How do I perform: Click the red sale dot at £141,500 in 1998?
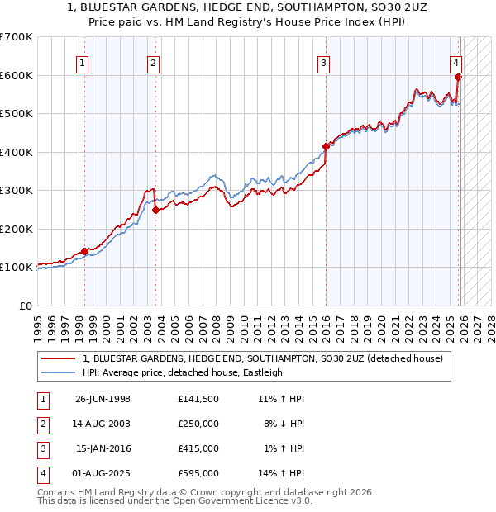[84, 251]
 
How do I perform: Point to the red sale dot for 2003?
[155, 210]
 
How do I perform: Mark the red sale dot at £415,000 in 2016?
[326, 146]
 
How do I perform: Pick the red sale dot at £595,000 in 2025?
[458, 78]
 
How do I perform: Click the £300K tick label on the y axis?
[17, 191]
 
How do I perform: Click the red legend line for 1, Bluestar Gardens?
[58, 358]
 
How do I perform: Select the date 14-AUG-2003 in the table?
[103, 424]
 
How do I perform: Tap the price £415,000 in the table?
[198, 448]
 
